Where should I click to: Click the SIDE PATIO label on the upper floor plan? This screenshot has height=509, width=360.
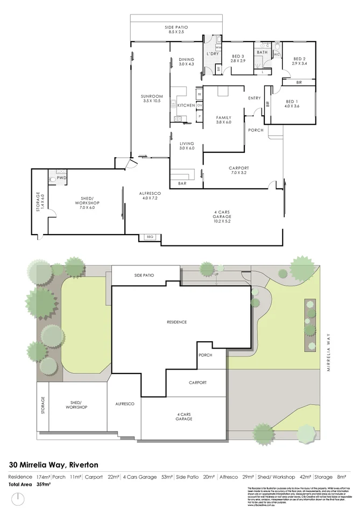tap(176, 27)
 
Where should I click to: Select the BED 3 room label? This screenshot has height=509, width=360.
tap(238, 56)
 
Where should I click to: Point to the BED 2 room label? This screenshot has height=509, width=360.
tap(300, 59)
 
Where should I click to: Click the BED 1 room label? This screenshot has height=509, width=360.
tap(292, 101)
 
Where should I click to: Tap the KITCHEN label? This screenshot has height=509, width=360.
tap(186, 105)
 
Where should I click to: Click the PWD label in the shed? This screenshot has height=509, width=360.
tap(61, 178)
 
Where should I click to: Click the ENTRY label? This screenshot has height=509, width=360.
tap(255, 98)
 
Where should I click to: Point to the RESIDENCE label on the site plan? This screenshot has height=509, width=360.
tap(176, 322)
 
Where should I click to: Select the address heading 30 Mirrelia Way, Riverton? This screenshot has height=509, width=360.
tap(54, 464)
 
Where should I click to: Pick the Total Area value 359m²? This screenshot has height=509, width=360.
tap(43, 484)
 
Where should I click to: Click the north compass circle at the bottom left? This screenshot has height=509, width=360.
tap(18, 498)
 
